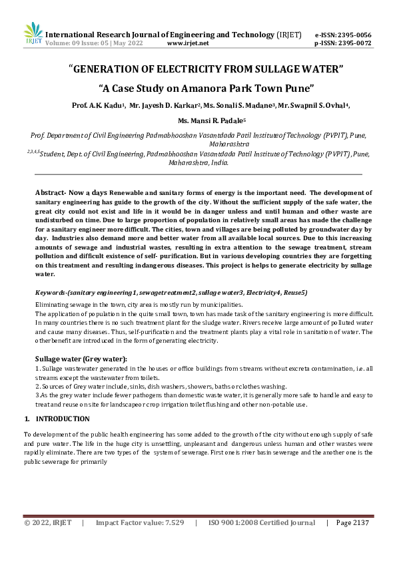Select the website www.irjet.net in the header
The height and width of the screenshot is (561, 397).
188,43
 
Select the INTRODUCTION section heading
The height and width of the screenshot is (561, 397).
62,419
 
